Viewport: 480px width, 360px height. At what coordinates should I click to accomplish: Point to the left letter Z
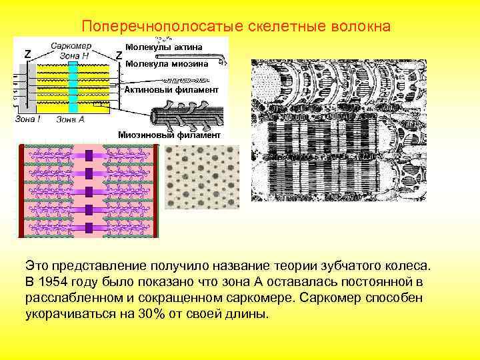[x=27, y=53]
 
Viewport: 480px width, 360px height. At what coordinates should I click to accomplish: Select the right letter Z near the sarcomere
[x=118, y=54]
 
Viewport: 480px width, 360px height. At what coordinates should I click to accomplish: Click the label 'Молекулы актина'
[x=165, y=47]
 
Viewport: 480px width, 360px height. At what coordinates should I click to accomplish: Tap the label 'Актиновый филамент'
[x=171, y=89]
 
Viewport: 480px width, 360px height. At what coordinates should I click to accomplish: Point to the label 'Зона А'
[x=71, y=119]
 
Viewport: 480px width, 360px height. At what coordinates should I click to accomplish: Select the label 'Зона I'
[x=29, y=119]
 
